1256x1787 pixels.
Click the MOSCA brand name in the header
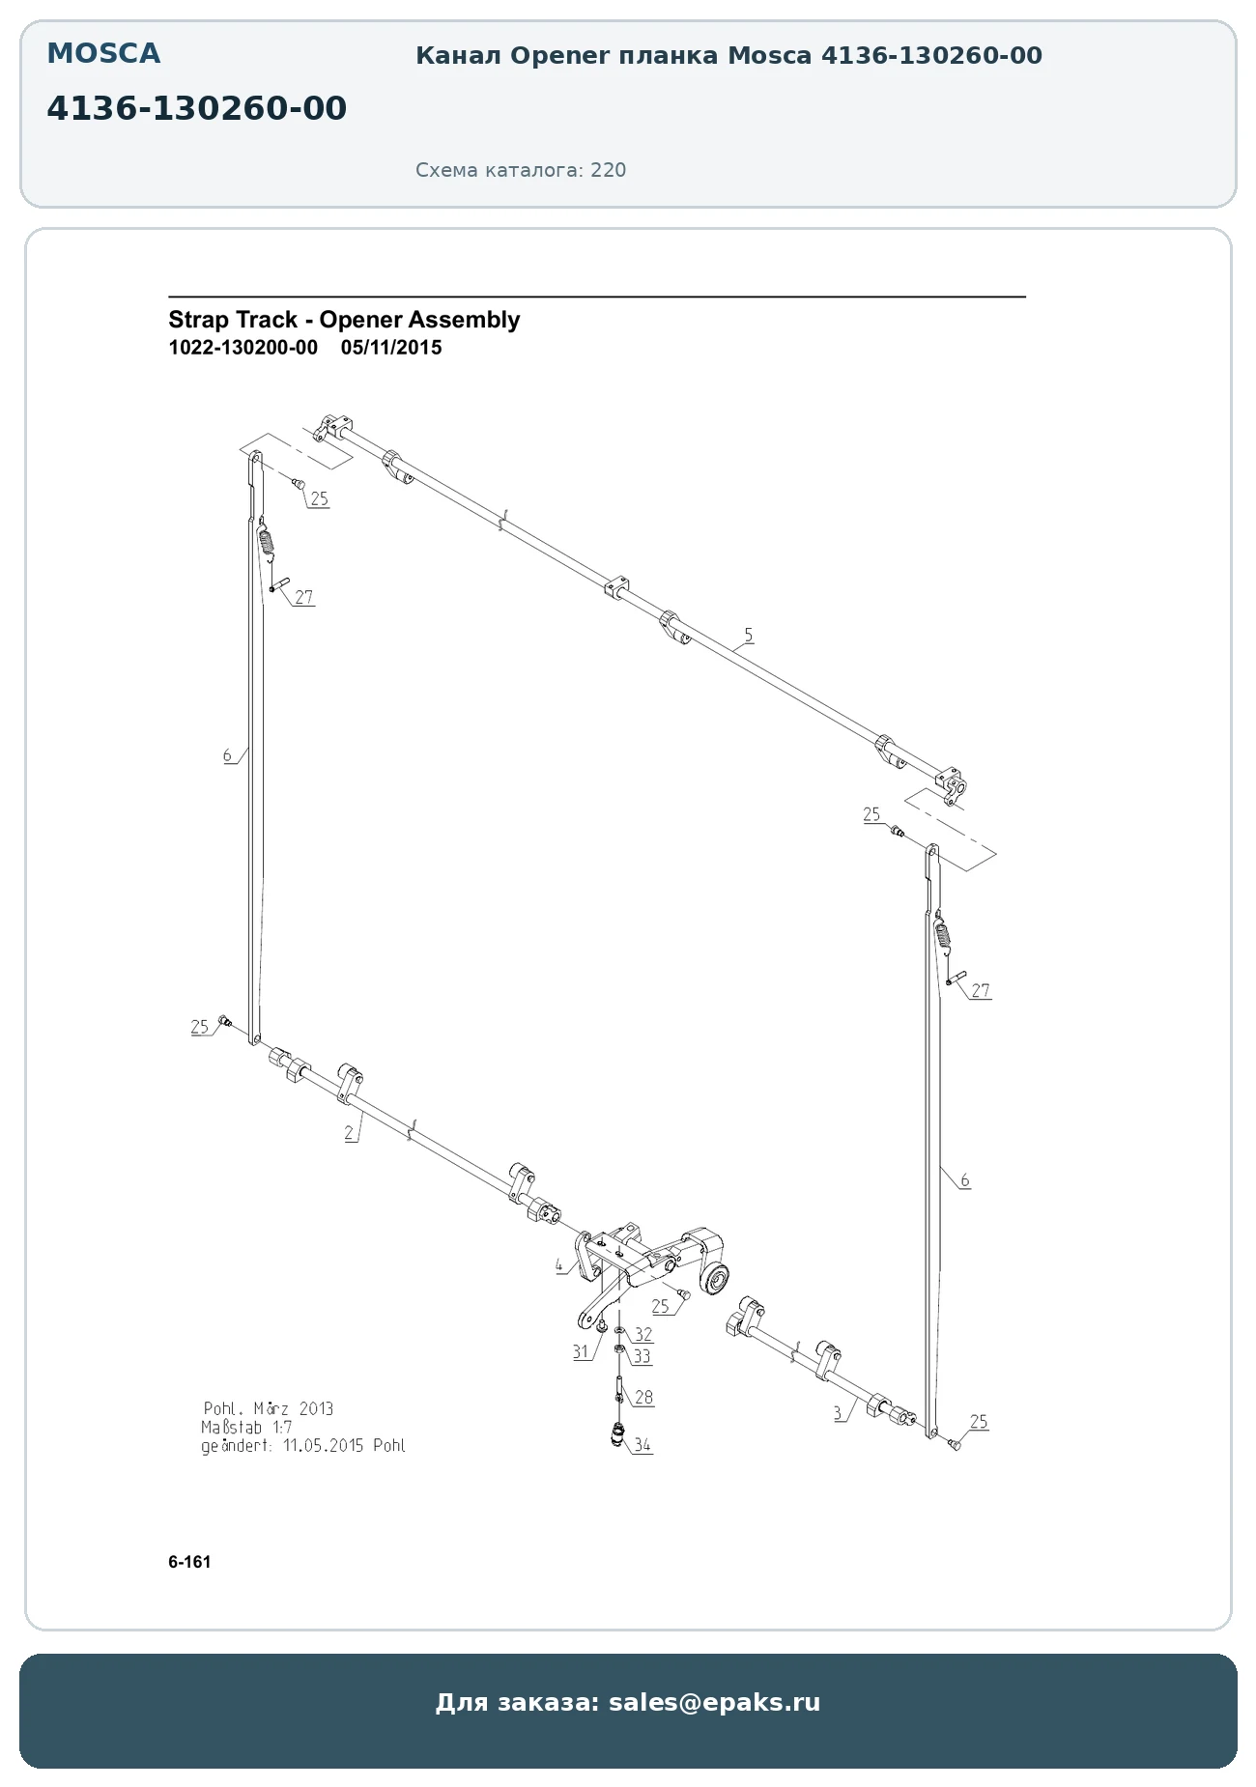click(x=103, y=53)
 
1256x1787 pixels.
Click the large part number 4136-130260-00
click(x=197, y=108)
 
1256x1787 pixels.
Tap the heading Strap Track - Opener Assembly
click(x=344, y=320)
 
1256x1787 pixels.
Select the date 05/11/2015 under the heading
click(x=391, y=348)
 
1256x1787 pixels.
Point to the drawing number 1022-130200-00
click(x=243, y=348)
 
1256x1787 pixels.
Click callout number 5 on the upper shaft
click(x=749, y=635)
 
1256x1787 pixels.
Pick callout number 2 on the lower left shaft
click(x=349, y=1133)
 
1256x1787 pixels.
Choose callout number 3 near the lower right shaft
click(x=838, y=1412)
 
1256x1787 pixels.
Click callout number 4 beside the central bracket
click(x=559, y=1265)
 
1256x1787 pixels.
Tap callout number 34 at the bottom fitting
click(x=642, y=1445)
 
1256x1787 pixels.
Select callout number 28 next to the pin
click(x=643, y=1397)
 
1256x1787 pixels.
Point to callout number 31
click(x=581, y=1351)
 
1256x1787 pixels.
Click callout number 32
click(x=643, y=1334)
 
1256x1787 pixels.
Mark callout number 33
click(x=642, y=1356)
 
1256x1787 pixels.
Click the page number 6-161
click(x=189, y=1562)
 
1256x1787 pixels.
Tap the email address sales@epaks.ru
click(x=714, y=1702)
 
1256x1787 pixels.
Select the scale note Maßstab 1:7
click(x=246, y=1427)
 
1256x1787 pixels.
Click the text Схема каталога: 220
click(x=521, y=170)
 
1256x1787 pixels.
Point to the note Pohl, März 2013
click(x=269, y=1408)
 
